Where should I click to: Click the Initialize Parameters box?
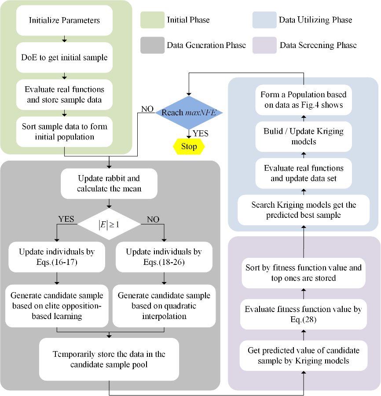tap(64, 20)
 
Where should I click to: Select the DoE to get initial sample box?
tap(64, 57)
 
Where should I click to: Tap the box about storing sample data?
tap(64, 94)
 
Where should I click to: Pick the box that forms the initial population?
tap(64, 131)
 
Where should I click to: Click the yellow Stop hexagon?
tap(189, 146)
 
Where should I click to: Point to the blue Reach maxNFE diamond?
tap(188, 112)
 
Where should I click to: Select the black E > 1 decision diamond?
tap(109, 224)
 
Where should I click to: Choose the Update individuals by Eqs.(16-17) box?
tap(57, 257)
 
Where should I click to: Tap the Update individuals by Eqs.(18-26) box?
tap(164, 257)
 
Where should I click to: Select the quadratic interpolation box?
tap(164, 306)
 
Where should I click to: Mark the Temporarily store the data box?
tap(109, 359)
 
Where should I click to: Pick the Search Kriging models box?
tap(303, 210)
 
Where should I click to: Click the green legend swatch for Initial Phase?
tap(152, 20)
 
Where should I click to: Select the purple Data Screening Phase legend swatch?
tap(264, 45)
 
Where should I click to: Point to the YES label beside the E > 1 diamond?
tap(66, 219)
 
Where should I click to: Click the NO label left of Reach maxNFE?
tap(147, 109)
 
